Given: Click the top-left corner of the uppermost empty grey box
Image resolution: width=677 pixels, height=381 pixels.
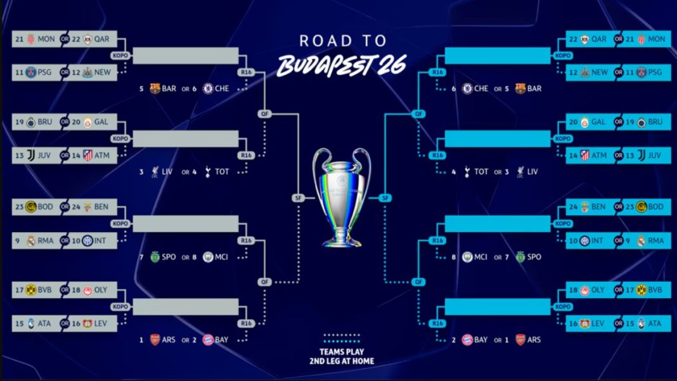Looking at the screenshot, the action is pos(133,48).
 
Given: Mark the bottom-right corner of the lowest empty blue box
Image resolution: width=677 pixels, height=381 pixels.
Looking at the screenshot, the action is pos(550,315).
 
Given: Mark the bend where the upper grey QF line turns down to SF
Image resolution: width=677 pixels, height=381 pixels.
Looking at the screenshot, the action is pos(299,114).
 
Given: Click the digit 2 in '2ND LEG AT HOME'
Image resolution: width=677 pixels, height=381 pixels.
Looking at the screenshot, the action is pos(312,361).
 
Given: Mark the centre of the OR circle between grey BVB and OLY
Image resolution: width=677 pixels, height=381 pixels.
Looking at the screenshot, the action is pos(65,290).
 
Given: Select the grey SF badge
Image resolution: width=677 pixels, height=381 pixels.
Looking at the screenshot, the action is pos(298,198).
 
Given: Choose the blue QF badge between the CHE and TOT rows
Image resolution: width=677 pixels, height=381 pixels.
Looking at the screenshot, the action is pos(418,114).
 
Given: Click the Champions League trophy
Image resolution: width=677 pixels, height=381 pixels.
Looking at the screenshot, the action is pos(342,197).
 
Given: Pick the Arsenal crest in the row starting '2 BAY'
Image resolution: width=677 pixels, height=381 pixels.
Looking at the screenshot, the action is pos(520,340).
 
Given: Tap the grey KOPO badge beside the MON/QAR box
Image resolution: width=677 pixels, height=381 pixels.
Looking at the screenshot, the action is pos(120,55).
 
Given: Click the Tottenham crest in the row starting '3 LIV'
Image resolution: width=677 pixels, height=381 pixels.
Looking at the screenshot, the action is pos(208,172).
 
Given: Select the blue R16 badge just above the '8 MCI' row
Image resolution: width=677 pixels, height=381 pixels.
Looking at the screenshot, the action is pos(437,240).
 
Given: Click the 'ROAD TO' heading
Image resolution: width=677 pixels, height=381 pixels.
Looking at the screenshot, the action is pos(343,41).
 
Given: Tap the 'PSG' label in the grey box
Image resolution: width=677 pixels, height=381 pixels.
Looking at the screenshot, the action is pos(44,72).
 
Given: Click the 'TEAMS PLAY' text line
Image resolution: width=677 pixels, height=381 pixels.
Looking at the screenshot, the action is pos(342,352).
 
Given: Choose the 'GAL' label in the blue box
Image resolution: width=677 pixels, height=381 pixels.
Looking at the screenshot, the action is pos(598,122).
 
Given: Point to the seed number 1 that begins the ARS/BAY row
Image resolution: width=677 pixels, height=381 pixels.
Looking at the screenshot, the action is pos(141,340).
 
